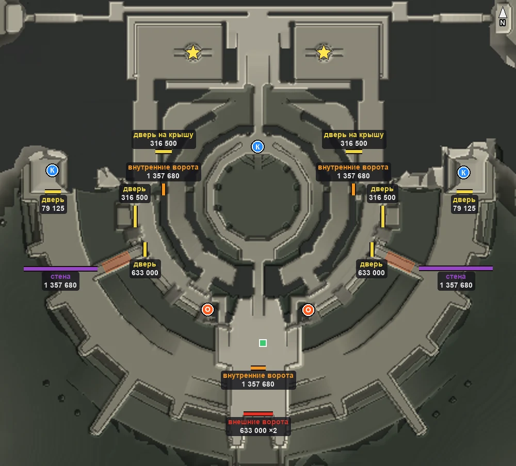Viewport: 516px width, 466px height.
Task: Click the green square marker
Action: (x=263, y=343)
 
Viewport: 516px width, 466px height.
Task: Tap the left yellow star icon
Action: (x=193, y=52)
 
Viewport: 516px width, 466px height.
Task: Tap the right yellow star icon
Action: (x=324, y=52)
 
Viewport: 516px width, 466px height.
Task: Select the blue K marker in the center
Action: (x=257, y=147)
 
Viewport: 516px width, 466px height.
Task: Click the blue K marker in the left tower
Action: (x=52, y=170)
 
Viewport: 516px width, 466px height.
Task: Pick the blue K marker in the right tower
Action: (x=463, y=172)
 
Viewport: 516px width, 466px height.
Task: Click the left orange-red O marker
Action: (x=207, y=309)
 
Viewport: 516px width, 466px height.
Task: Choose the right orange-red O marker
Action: (x=308, y=310)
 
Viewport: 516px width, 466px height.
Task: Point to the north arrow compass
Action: (x=503, y=16)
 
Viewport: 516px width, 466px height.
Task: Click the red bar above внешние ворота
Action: (x=258, y=414)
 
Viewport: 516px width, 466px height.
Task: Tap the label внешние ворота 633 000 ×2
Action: (x=259, y=426)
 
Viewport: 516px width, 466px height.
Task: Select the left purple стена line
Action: (x=61, y=269)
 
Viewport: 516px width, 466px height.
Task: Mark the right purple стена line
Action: (x=456, y=269)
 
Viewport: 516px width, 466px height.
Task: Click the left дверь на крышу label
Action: (x=164, y=139)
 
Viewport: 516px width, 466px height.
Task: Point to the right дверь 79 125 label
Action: (x=464, y=204)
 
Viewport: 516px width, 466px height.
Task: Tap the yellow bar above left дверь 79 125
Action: (x=53, y=191)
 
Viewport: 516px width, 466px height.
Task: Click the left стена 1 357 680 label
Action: (x=60, y=281)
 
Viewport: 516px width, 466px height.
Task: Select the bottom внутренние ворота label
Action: (x=259, y=380)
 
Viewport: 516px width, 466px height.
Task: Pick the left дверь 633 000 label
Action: (x=145, y=269)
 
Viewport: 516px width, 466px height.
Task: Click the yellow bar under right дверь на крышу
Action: (x=354, y=152)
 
